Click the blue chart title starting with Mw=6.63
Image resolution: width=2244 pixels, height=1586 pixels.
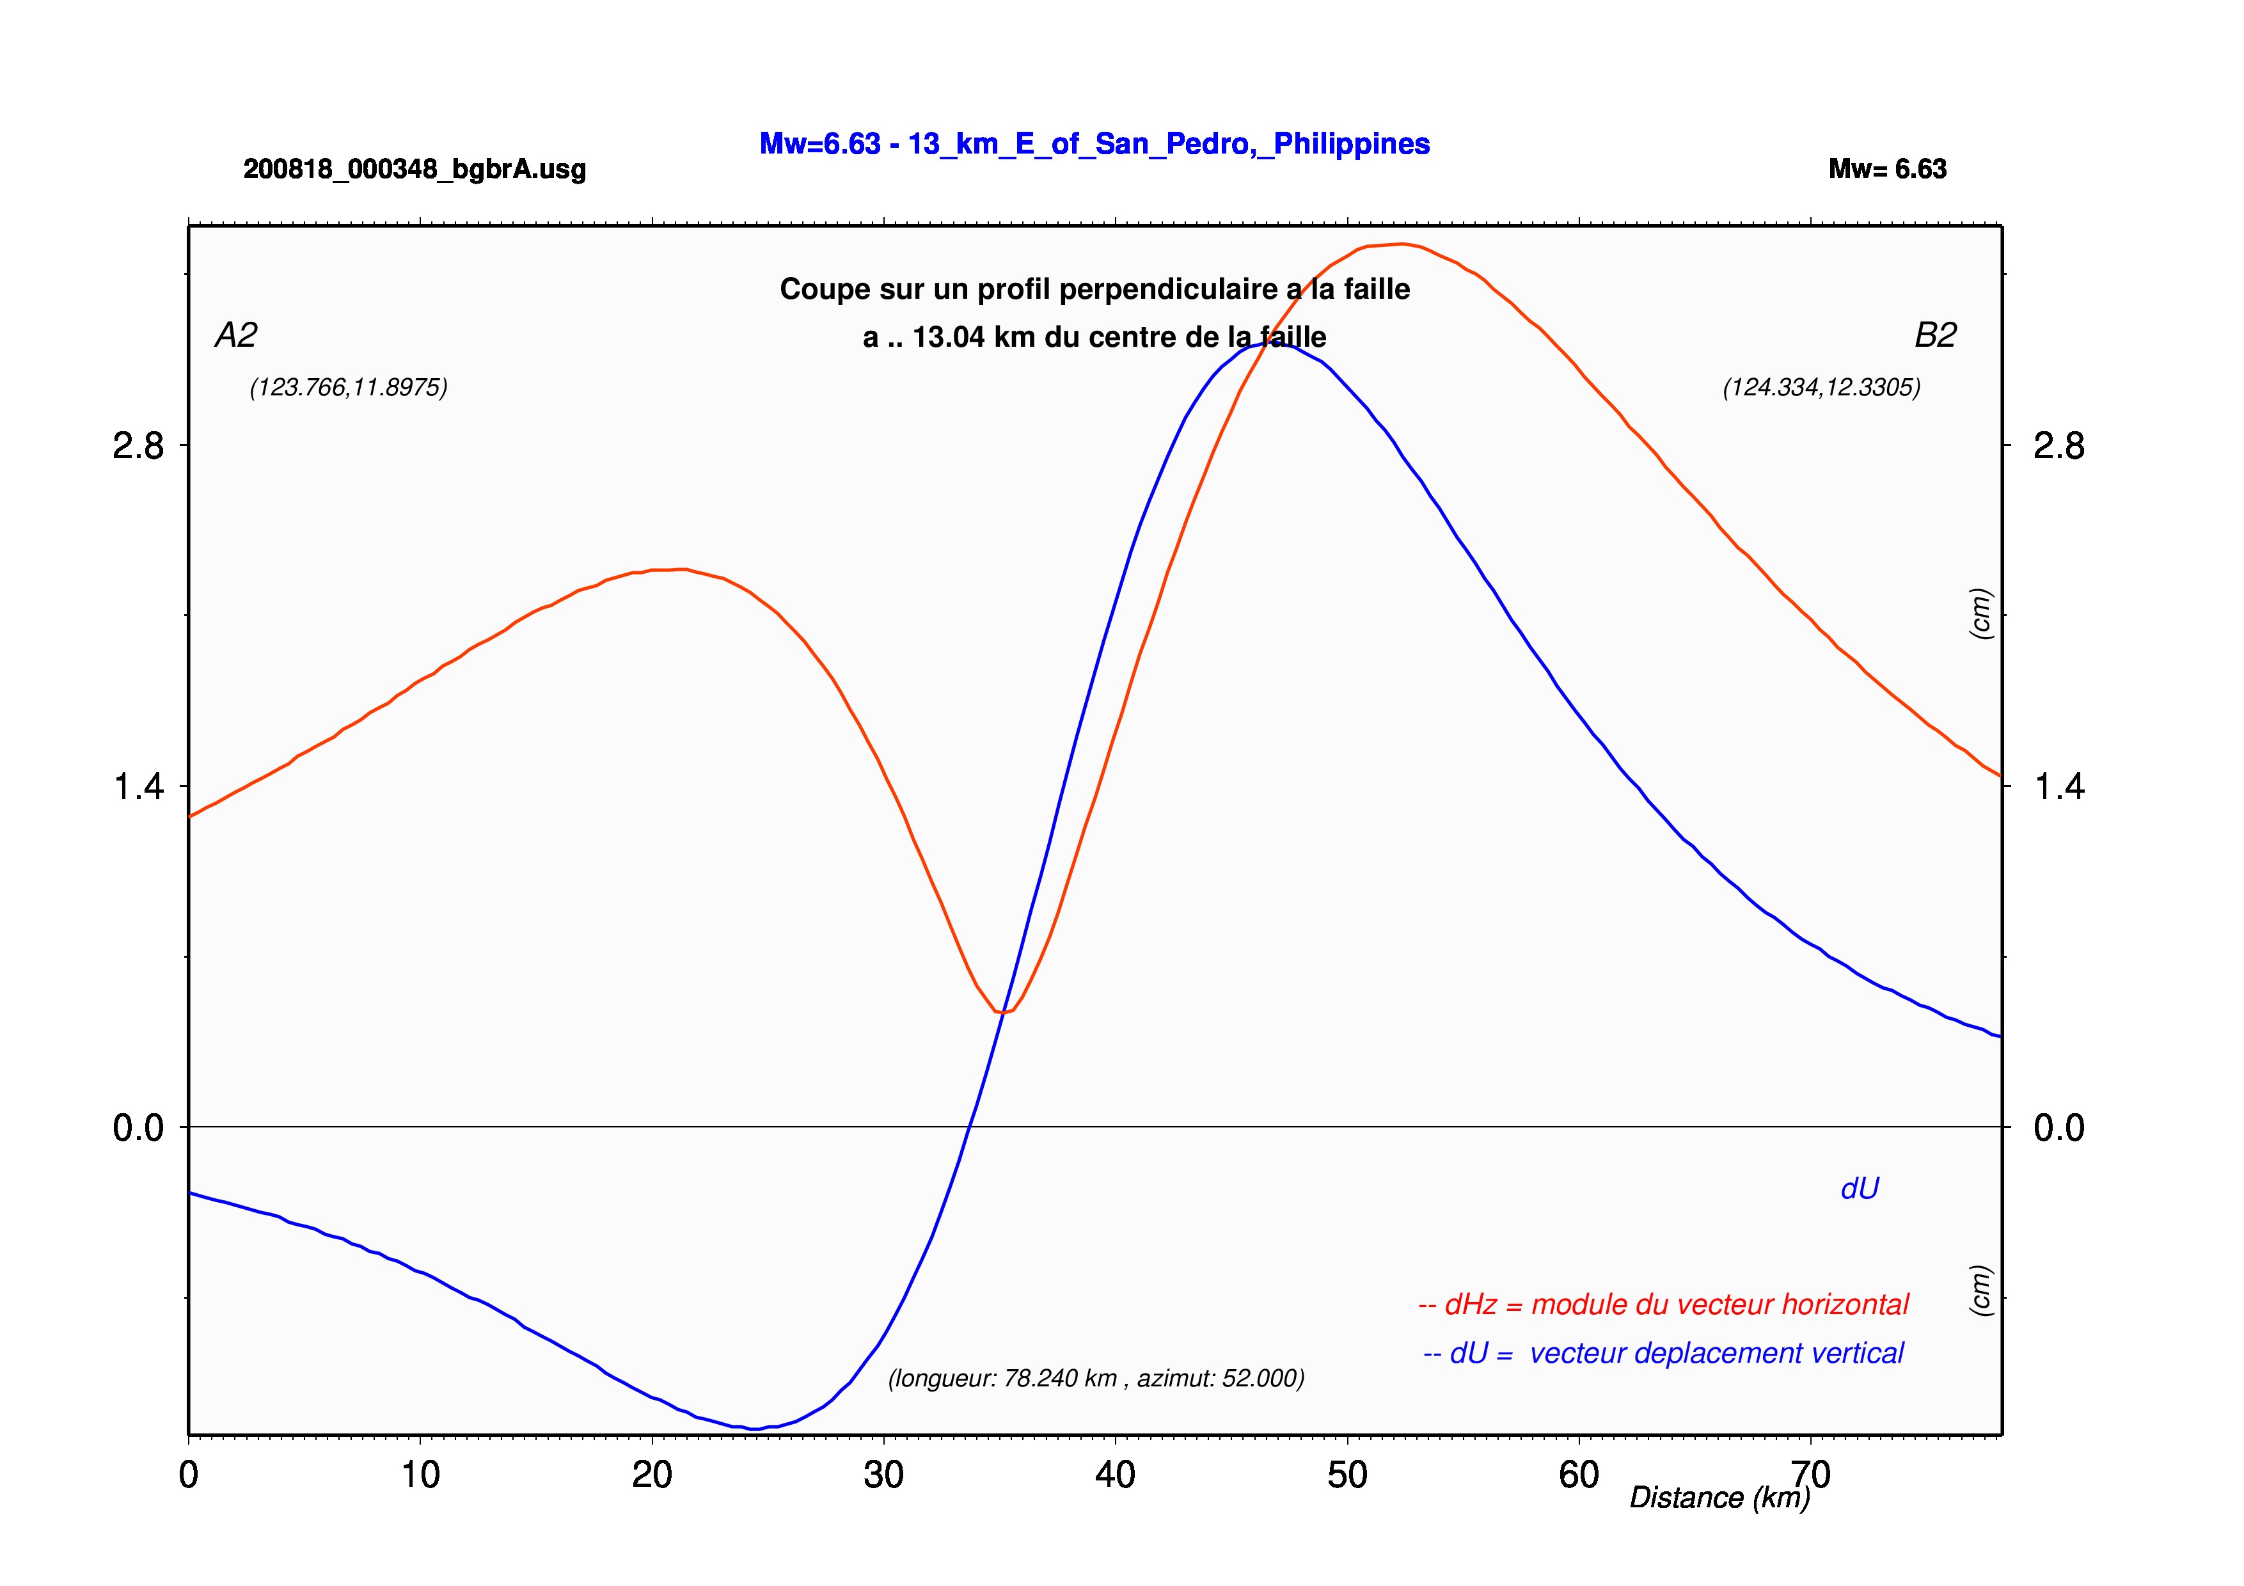click(1094, 145)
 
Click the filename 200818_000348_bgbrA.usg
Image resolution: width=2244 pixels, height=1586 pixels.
click(415, 170)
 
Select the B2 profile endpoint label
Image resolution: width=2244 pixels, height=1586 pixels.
click(1935, 335)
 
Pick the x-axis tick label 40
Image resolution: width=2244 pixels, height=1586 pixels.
click(1115, 1475)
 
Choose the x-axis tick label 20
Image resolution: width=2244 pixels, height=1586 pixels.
click(652, 1475)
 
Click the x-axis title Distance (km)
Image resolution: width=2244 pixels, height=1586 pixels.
click(1720, 1498)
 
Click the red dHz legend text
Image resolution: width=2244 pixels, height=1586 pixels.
click(1663, 1304)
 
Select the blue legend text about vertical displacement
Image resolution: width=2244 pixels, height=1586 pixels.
click(1663, 1353)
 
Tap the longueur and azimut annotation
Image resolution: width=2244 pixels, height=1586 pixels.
click(1096, 1379)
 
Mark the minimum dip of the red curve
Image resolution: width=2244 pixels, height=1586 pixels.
click(1002, 1012)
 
